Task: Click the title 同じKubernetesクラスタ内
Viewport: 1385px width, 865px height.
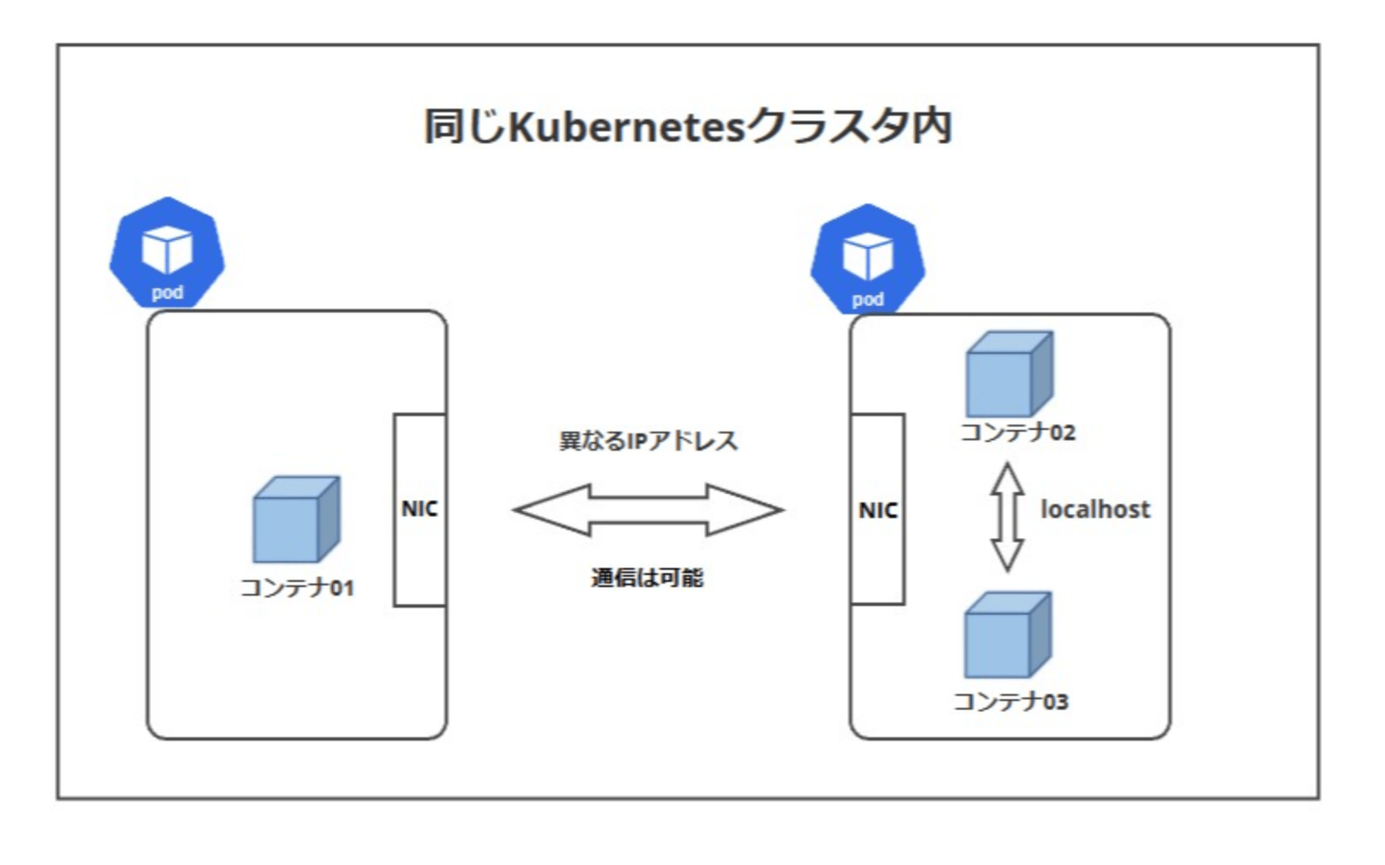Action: pos(687,127)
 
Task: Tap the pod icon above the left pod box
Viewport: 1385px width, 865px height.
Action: pos(167,253)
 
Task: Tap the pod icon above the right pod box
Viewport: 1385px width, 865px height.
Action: pos(868,260)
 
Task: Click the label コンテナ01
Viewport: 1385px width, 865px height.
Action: pos(296,588)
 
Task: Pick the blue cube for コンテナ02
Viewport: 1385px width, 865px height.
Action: pos(1009,375)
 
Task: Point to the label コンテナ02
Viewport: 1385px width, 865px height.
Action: pos(1017,432)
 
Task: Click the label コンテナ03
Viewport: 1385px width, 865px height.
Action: pos(1010,701)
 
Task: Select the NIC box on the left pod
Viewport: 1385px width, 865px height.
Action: pos(420,509)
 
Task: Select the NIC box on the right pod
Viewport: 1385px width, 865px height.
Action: pos(877,509)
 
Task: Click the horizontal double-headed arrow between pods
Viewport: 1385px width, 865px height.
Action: pos(648,509)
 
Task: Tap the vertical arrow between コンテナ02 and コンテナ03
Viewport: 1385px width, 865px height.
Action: pos(1007,516)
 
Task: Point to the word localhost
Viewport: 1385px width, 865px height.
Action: pos(1095,509)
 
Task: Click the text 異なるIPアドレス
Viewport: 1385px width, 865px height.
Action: pos(648,441)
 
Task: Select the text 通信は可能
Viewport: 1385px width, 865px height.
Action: pos(648,578)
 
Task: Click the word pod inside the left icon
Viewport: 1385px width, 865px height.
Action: pos(167,293)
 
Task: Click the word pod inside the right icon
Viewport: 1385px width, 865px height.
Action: pos(868,300)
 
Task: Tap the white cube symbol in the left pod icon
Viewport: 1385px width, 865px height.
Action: pos(167,249)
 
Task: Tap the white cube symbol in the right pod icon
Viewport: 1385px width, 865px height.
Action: pos(868,256)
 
